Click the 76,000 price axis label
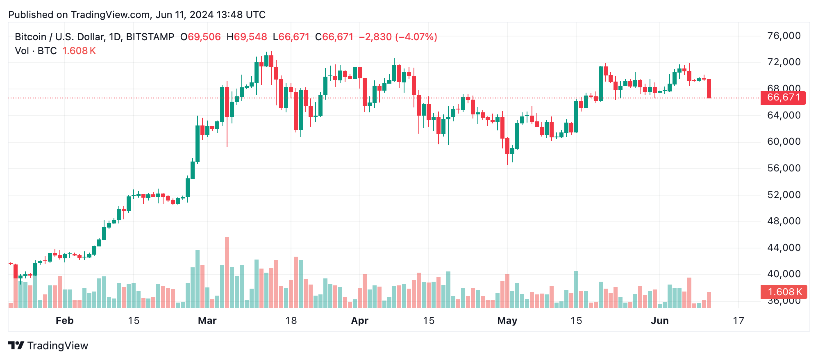784,36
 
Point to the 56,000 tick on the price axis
784,168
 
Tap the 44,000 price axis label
784,248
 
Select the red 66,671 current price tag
783,98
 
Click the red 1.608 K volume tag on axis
784,292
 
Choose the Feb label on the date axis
64,321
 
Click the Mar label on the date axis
207,321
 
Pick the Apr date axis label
359,321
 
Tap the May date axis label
507,321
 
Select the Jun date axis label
659,321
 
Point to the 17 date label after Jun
738,321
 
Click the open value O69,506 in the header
200,37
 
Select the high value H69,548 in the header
247,37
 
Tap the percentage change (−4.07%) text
416,37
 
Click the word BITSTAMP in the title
150,37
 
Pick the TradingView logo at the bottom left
48,346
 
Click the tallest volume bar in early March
227,272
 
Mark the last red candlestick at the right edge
709,89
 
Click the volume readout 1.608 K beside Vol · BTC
79,51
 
